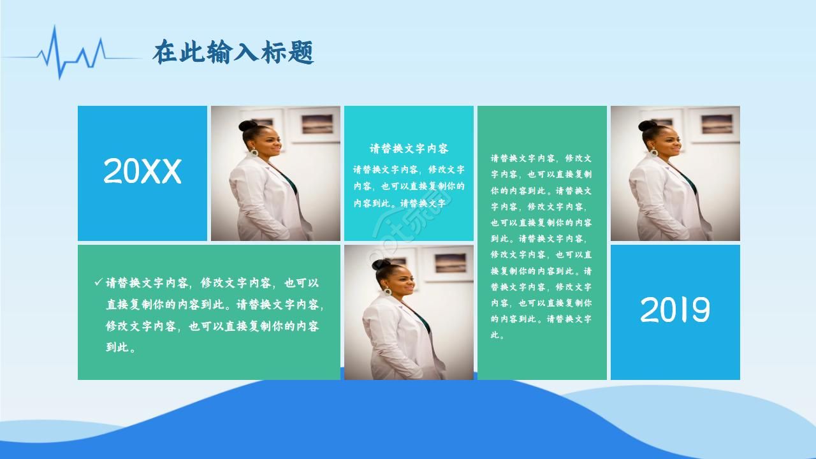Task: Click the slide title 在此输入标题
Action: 233,53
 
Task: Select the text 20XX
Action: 142,171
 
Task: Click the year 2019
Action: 674,310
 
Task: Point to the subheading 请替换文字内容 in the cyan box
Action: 409,149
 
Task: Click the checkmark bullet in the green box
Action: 98,282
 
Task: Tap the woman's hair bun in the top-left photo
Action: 248,126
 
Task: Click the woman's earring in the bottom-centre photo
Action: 387,291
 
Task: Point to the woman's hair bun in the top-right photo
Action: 648,126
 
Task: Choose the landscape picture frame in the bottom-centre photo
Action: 450,263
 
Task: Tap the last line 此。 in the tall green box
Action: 497,335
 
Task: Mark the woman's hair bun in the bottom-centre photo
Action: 381,264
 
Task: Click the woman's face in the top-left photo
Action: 271,142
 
